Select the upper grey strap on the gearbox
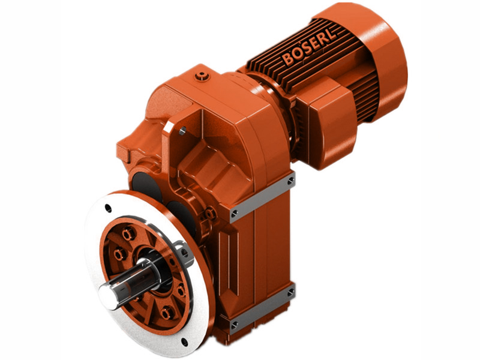click(262, 195)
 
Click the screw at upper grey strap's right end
click(290, 179)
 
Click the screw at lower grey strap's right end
click(290, 292)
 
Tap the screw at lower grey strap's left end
click(233, 326)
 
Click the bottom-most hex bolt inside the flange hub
click(166, 312)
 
